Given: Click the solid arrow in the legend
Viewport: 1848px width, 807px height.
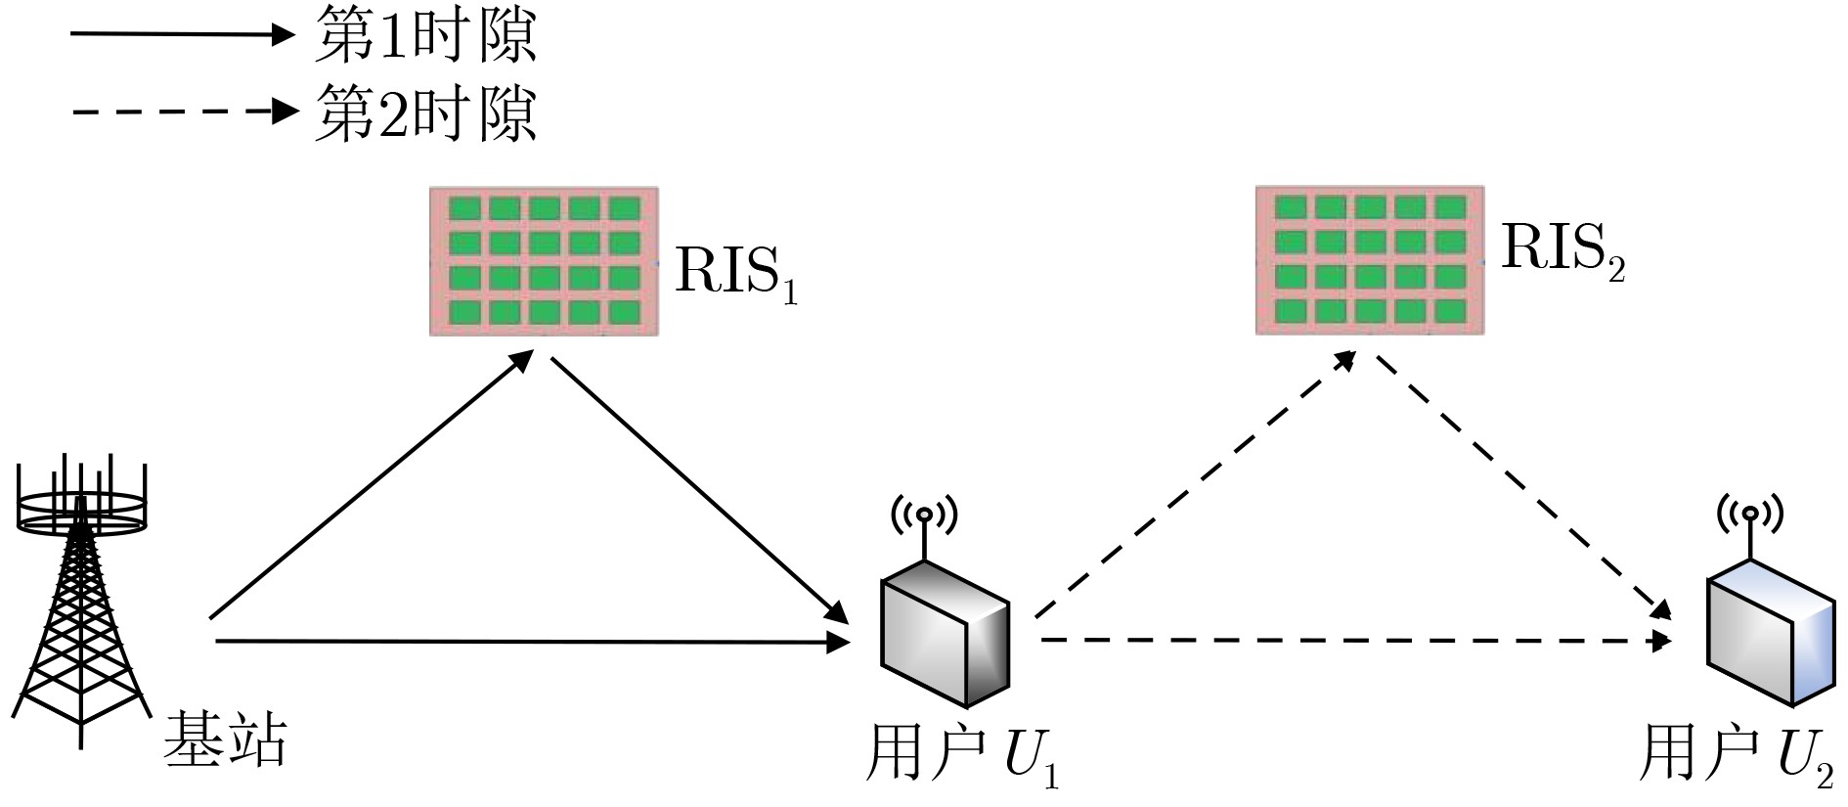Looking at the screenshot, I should pyautogui.click(x=181, y=35).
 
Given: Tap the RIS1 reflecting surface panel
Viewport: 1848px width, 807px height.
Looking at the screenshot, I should pyautogui.click(x=544, y=261).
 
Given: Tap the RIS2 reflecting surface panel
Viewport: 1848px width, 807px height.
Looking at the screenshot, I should pyautogui.click(x=1370, y=260).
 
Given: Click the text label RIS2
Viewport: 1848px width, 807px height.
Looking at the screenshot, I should pyautogui.click(x=1562, y=251).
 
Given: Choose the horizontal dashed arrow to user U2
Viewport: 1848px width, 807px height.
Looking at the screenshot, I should pyautogui.click(x=1354, y=641).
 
